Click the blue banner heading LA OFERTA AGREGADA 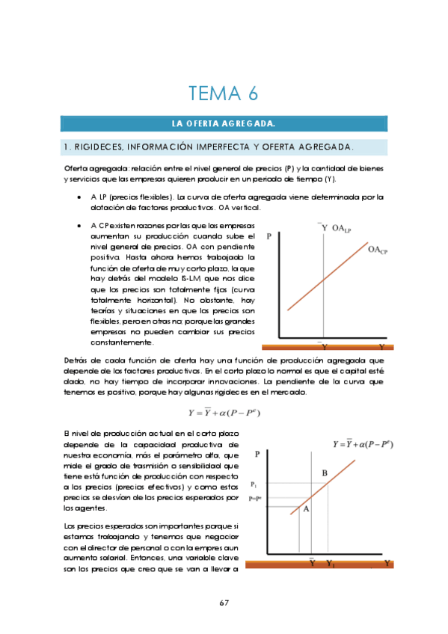(x=224, y=123)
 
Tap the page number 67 (x=224, y=603)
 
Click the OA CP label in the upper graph (x=377, y=251)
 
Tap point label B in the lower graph (x=324, y=473)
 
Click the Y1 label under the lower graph (x=331, y=563)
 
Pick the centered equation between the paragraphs (x=224, y=412)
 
